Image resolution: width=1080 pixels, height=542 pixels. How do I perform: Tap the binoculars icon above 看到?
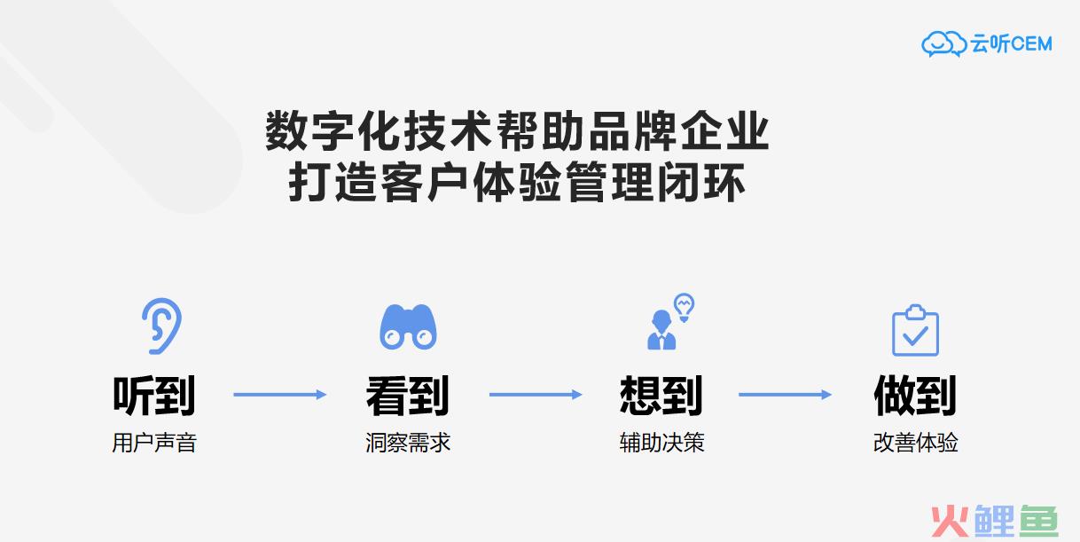pyautogui.click(x=408, y=327)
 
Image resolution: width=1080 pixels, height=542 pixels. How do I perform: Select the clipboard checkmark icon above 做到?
pyautogui.click(x=915, y=331)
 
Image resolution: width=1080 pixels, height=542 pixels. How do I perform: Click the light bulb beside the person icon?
pyautogui.click(x=684, y=307)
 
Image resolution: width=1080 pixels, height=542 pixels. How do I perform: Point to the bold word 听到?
pyautogui.click(x=154, y=396)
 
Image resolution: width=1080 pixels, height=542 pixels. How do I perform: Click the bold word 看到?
pyautogui.click(x=408, y=396)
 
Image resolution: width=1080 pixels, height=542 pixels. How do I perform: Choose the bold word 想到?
pyautogui.click(x=661, y=396)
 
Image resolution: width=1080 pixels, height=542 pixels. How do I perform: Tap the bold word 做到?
pyautogui.click(x=915, y=396)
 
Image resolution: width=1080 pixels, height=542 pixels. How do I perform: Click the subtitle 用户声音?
pyautogui.click(x=154, y=443)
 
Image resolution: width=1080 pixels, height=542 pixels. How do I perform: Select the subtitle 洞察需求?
pyautogui.click(x=408, y=443)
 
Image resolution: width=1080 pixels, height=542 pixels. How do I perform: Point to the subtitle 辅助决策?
pyautogui.click(x=661, y=443)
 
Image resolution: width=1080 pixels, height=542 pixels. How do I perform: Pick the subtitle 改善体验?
pyautogui.click(x=915, y=443)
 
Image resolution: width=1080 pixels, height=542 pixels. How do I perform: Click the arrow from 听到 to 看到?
pyautogui.click(x=279, y=395)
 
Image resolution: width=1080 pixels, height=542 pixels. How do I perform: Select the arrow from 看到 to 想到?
pyautogui.click(x=536, y=395)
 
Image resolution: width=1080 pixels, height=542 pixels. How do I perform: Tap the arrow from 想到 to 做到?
pyautogui.click(x=785, y=395)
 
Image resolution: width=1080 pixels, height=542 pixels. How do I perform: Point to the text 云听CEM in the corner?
pyautogui.click(x=1012, y=43)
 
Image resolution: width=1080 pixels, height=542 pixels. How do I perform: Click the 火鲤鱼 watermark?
pyautogui.click(x=994, y=522)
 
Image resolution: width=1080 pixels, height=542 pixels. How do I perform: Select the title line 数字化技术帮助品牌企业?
pyautogui.click(x=517, y=130)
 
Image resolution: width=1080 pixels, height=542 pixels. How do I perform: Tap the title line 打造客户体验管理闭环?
pyautogui.click(x=517, y=182)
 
